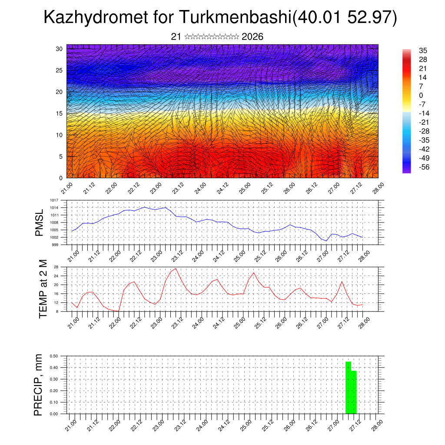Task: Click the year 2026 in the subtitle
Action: tap(252, 37)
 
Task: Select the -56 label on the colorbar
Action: tap(422, 167)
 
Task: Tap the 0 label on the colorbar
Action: tap(420, 96)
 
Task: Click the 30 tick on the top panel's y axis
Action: tap(59, 49)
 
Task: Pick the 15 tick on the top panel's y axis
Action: tap(59, 113)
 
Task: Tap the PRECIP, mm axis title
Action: tap(39, 385)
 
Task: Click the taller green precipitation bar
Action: tap(348, 387)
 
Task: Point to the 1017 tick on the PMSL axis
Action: tap(54, 200)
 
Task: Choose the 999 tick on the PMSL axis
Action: tap(55, 245)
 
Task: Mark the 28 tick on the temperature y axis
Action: tap(56, 267)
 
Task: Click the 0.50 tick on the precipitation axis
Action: tap(54, 356)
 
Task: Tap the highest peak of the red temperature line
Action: tap(176, 269)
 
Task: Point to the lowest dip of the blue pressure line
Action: tap(326, 241)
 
